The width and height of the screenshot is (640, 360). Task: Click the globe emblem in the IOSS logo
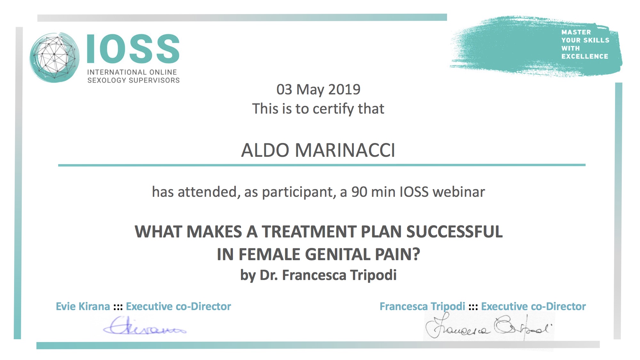[54, 57]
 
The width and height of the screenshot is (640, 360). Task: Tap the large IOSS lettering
[133, 49]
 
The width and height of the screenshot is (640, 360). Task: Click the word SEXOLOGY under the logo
[107, 80]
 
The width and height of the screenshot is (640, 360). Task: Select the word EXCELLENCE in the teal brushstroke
[585, 56]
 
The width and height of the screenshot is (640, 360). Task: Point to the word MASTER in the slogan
[576, 32]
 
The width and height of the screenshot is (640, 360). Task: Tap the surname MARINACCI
[345, 150]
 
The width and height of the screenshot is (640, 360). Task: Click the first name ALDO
[265, 150]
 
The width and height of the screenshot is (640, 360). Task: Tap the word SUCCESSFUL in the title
[454, 232]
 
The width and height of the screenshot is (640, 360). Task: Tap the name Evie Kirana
[83, 306]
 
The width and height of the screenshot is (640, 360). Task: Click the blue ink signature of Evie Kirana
[145, 326]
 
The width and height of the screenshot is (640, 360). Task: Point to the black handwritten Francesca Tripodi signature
[489, 327]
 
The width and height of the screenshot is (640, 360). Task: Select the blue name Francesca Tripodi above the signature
[422, 307]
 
